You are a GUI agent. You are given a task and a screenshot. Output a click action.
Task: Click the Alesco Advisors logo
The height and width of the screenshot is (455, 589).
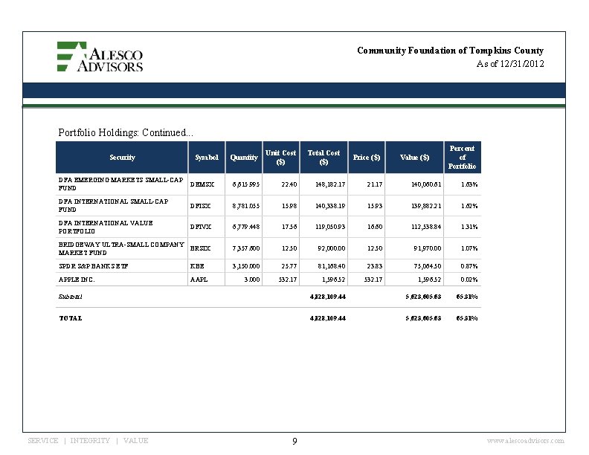pos(100,57)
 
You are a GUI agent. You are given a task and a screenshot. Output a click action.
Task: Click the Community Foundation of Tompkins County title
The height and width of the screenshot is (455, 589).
pos(450,51)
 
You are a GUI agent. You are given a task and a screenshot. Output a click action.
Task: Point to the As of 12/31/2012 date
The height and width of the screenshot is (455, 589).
pos(510,64)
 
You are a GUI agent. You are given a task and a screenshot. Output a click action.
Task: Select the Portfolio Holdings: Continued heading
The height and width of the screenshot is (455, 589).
pos(125,132)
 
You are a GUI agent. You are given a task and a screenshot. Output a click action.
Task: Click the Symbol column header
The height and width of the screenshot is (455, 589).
pos(207,158)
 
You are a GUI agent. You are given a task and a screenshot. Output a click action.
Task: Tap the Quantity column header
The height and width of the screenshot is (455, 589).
pos(244,158)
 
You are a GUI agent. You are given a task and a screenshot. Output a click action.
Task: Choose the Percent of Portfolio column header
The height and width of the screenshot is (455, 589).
pos(462,157)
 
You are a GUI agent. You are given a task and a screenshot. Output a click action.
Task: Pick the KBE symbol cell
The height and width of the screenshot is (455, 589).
pos(197,265)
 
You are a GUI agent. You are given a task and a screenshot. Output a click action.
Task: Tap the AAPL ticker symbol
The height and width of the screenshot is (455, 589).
pos(199,280)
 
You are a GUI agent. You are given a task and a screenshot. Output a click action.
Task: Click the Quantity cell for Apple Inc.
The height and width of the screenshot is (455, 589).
pos(252,280)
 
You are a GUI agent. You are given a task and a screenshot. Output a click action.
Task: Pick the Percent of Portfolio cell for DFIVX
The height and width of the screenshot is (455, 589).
pos(469,227)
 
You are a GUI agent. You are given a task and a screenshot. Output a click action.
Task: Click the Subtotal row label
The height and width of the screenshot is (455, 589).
pos(71,296)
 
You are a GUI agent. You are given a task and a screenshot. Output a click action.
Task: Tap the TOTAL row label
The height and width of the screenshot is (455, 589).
pos(71,317)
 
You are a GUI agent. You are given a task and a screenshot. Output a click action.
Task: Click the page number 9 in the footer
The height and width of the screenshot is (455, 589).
pos(294,442)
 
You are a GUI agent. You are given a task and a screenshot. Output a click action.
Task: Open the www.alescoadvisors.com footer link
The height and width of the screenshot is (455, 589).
pos(524,441)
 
